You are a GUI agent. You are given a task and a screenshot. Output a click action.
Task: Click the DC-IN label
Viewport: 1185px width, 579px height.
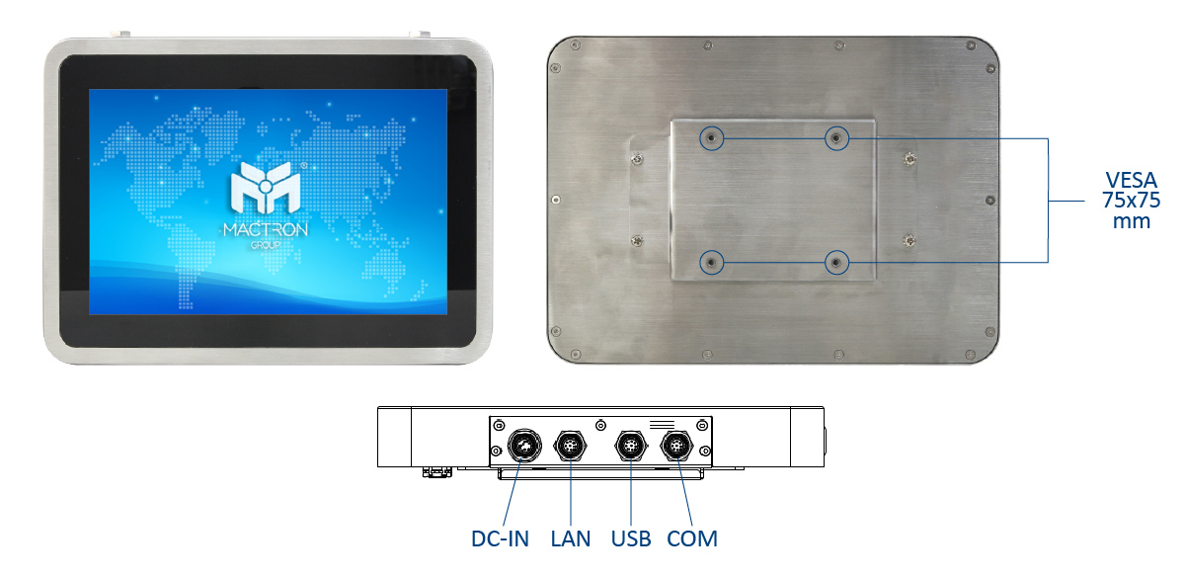(500, 538)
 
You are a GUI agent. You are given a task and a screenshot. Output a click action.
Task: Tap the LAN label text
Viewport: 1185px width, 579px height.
(571, 538)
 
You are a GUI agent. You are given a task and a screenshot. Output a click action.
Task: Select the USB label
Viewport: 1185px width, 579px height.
(631, 538)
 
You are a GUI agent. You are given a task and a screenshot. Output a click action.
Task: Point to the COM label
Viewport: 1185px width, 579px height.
(692, 538)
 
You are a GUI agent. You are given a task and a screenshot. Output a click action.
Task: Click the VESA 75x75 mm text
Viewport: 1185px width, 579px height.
(1131, 201)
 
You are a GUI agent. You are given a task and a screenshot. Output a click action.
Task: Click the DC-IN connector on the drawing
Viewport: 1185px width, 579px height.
(524, 446)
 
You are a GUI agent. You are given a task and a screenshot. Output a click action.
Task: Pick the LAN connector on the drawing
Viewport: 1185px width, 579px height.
(571, 446)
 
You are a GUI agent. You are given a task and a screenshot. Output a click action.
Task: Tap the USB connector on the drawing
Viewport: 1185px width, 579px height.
(631, 446)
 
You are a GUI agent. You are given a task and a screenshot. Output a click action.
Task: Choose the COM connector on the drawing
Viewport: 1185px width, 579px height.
(677, 446)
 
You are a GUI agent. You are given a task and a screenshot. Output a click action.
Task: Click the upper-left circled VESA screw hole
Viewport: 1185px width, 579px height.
(712, 138)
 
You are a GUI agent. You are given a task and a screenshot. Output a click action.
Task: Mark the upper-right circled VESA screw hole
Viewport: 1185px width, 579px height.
(836, 138)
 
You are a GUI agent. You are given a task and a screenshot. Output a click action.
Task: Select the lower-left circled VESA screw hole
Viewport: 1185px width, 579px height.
(712, 263)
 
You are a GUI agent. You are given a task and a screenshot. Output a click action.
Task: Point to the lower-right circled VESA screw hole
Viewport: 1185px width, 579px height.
(836, 263)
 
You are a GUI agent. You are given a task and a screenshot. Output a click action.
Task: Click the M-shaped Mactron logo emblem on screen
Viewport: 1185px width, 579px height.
(266, 187)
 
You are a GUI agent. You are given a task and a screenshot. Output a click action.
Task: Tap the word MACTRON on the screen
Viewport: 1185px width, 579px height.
(266, 229)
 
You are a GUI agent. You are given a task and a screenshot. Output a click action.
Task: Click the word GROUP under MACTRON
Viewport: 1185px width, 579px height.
(266, 245)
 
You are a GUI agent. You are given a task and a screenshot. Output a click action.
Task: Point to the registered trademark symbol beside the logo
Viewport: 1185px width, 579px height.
(304, 165)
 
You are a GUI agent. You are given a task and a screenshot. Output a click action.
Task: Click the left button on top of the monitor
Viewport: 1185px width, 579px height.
(120, 35)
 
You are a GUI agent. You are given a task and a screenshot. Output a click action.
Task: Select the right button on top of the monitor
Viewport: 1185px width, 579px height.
(420, 35)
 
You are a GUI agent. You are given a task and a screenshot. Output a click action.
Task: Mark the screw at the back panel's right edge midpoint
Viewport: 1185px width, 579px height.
(990, 200)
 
